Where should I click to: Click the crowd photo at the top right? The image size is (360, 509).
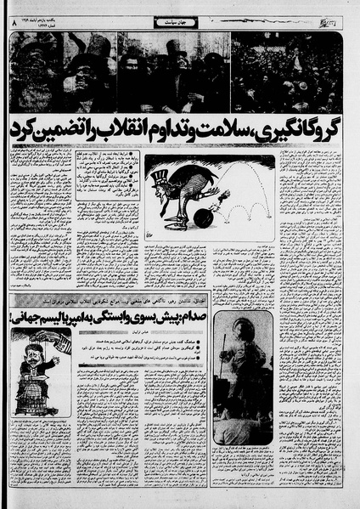(x=288, y=72)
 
